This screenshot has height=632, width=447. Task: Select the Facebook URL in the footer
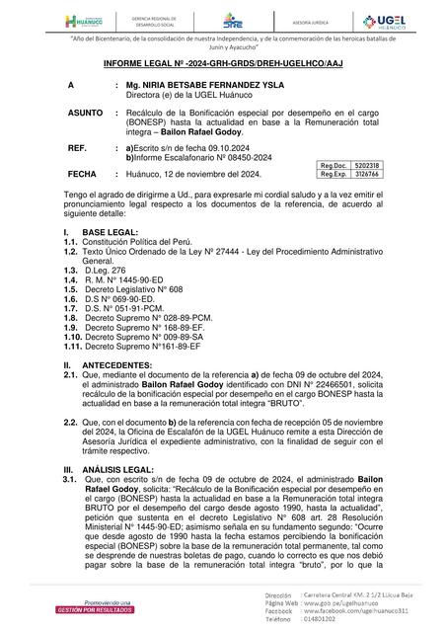click(x=367, y=613)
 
